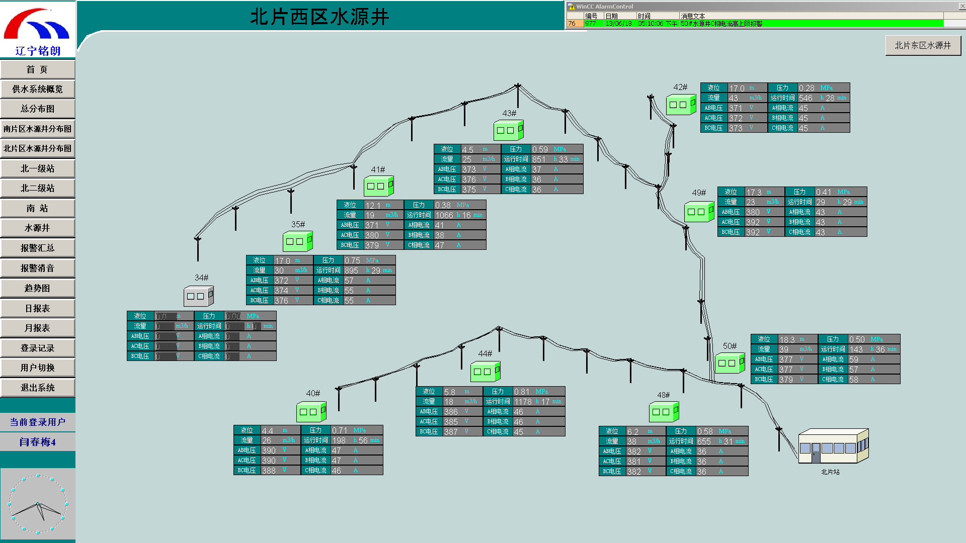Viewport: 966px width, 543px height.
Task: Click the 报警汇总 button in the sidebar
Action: (37, 248)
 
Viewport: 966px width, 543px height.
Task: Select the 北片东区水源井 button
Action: (923, 45)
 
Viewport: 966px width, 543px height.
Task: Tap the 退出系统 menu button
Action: (37, 388)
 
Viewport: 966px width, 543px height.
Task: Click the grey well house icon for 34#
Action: (198, 296)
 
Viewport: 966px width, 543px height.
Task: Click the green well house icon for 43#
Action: (508, 130)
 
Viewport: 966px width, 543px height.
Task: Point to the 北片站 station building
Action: (833, 446)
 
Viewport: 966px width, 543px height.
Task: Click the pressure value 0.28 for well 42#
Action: (807, 88)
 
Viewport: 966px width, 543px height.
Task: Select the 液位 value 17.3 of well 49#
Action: (754, 192)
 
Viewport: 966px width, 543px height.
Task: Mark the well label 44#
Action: (485, 353)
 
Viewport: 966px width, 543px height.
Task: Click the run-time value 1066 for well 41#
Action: (444, 215)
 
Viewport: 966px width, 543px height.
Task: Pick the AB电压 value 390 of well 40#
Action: (269, 450)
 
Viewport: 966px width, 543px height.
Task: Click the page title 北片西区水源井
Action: (319, 17)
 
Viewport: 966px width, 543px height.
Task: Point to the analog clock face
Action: (38, 504)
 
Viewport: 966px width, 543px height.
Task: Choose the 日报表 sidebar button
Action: (37, 308)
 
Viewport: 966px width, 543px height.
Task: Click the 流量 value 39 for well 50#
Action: (784, 349)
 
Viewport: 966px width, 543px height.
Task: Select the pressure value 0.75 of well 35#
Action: (352, 260)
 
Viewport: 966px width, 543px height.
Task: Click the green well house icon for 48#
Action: (664, 412)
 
